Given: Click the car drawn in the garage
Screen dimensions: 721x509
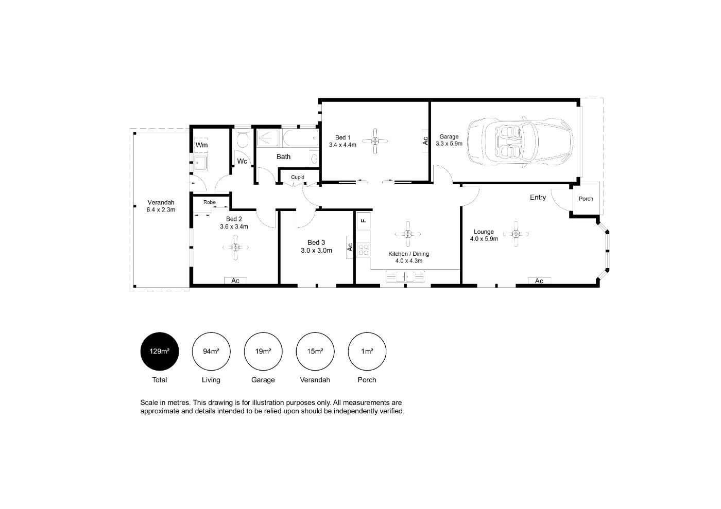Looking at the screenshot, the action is pyautogui.click(x=520, y=142).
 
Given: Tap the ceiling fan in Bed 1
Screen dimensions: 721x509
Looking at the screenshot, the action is pyautogui.click(x=375, y=141).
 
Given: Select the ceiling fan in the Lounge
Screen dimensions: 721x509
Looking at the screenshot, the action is pyautogui.click(x=516, y=234).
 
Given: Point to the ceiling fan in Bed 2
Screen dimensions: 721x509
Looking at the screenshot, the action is pyautogui.click(x=235, y=248).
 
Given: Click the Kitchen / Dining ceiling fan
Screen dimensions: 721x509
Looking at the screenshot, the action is pyautogui.click(x=408, y=234).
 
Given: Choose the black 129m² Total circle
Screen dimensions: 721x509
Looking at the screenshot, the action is pyautogui.click(x=160, y=352).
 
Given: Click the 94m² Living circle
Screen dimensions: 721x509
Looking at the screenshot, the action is pyautogui.click(x=211, y=352).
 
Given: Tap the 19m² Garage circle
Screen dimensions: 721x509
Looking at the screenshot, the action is pyautogui.click(x=263, y=352).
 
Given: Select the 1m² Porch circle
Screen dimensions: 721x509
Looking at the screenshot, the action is pyautogui.click(x=367, y=352).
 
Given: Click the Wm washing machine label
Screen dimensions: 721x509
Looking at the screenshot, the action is pyautogui.click(x=201, y=145).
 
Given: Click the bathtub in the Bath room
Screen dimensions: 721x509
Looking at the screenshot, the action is pyautogui.click(x=301, y=138).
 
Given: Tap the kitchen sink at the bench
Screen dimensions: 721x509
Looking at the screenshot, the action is pyautogui.click(x=405, y=277).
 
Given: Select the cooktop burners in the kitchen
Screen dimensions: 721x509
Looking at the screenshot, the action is pyautogui.click(x=364, y=250).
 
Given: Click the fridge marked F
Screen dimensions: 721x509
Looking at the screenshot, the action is pyautogui.click(x=364, y=221).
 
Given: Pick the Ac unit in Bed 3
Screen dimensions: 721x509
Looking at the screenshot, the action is pyautogui.click(x=350, y=247).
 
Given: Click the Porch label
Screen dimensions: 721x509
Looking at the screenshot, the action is pyautogui.click(x=586, y=199).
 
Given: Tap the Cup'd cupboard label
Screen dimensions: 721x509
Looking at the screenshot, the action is pyautogui.click(x=298, y=177).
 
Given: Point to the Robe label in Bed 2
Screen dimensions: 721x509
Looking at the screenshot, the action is pyautogui.click(x=210, y=202).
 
